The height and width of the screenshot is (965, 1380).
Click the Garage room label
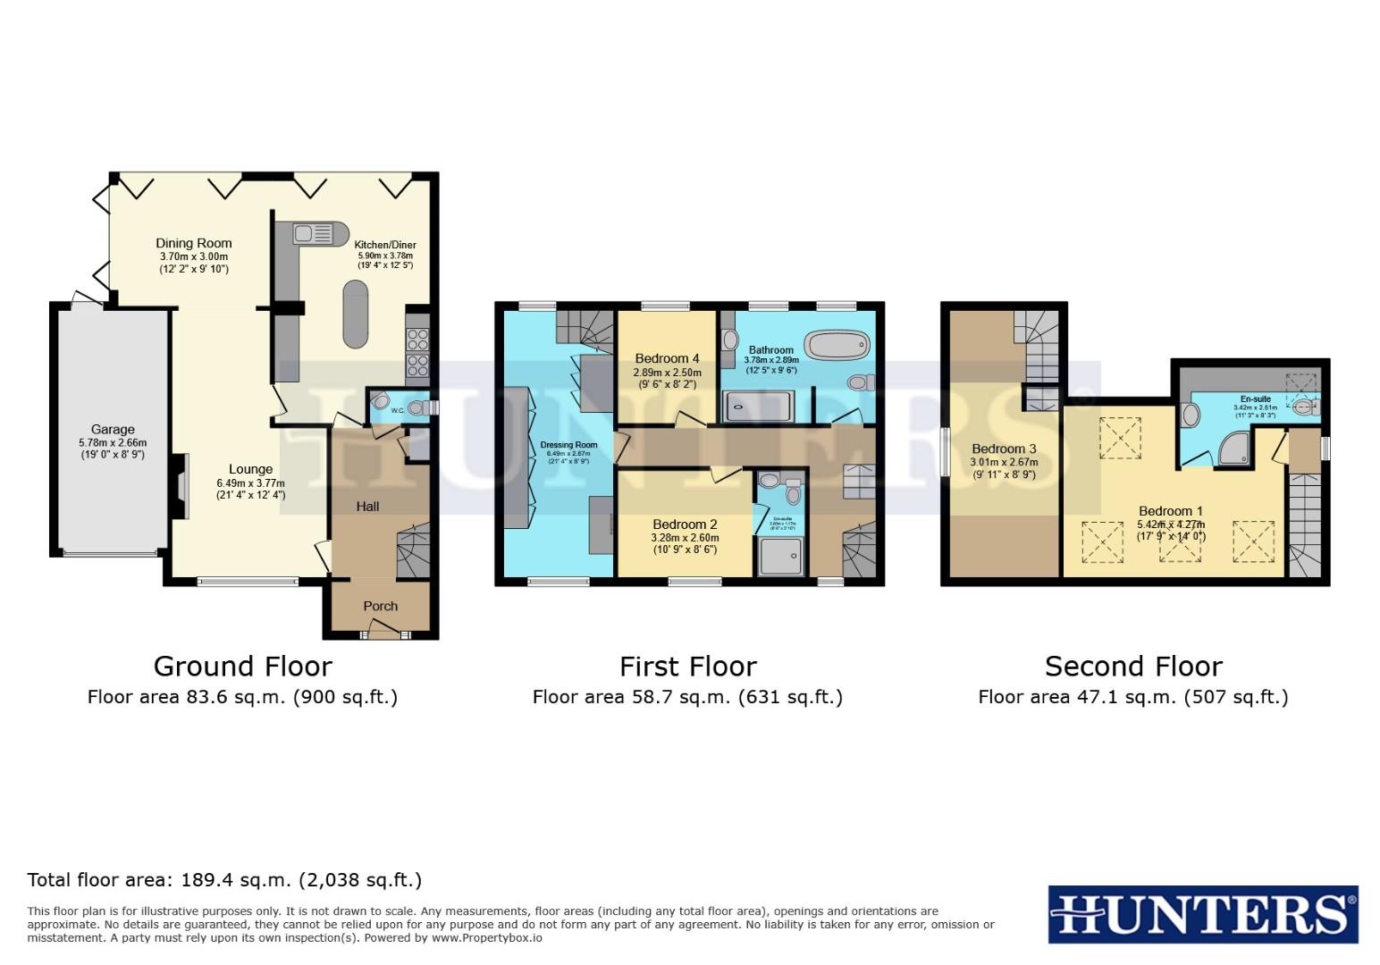coord(113,429)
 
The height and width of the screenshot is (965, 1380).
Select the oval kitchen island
coord(356,314)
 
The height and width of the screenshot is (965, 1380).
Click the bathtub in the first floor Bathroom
coord(837,344)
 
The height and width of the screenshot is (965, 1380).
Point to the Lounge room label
coord(250,469)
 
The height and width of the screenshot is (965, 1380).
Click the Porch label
coord(380,606)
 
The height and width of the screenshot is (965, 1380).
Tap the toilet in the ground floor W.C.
coord(417,407)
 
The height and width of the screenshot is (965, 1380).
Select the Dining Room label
coord(193,243)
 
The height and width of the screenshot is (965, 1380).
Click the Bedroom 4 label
coord(667,358)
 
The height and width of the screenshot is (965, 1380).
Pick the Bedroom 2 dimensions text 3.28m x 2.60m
coord(686,538)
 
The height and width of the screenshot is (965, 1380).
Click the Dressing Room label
coord(568,445)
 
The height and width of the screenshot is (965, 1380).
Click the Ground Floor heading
coord(242,667)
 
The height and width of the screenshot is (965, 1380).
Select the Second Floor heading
coord(1132,667)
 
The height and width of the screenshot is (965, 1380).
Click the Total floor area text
coord(224,880)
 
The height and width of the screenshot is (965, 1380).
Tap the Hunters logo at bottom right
coord(1202,914)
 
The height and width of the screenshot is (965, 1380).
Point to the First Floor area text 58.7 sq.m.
coord(686,697)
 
